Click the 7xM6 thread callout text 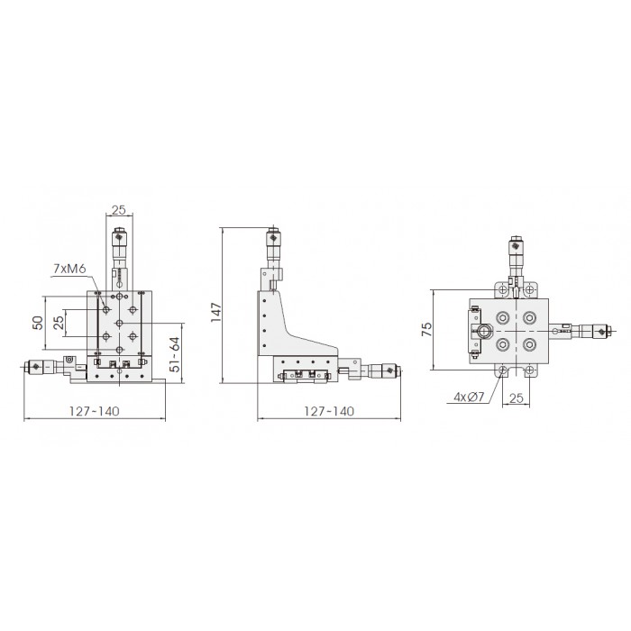click(x=69, y=269)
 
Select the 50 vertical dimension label click(x=38, y=323)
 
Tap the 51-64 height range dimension click(x=175, y=354)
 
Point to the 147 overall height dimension click(x=216, y=312)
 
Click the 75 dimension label click(x=426, y=329)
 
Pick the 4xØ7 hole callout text click(x=469, y=398)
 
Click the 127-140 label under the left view click(x=94, y=411)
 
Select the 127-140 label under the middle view click(x=329, y=411)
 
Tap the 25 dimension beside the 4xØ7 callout click(x=517, y=398)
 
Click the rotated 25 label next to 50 click(x=59, y=323)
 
